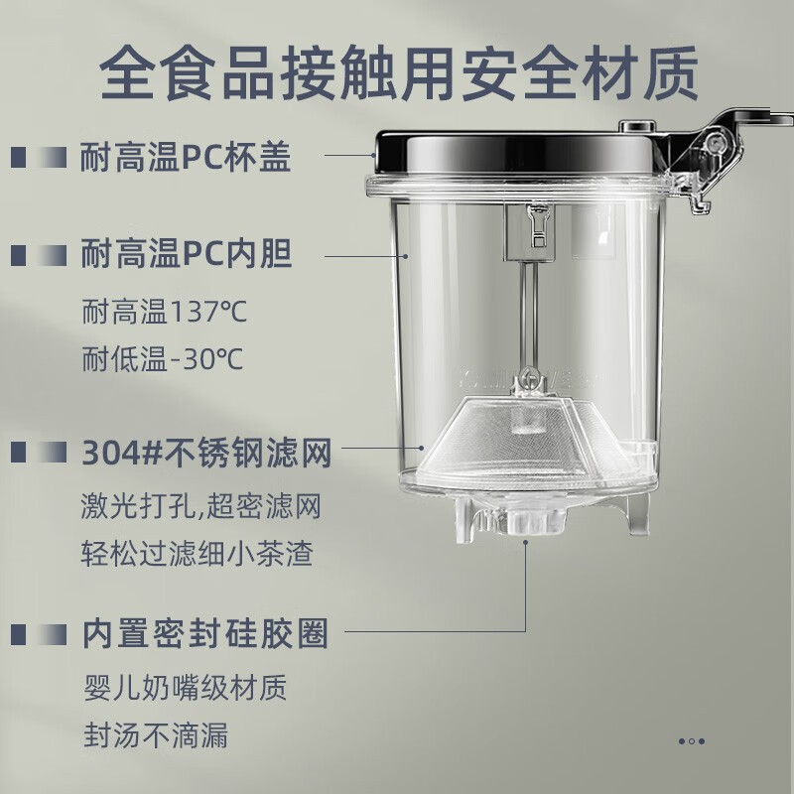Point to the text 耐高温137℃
164,313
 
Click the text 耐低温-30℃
163,358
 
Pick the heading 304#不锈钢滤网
204,456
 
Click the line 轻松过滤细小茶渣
197,554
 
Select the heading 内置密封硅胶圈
203,632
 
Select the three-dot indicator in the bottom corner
692,740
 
